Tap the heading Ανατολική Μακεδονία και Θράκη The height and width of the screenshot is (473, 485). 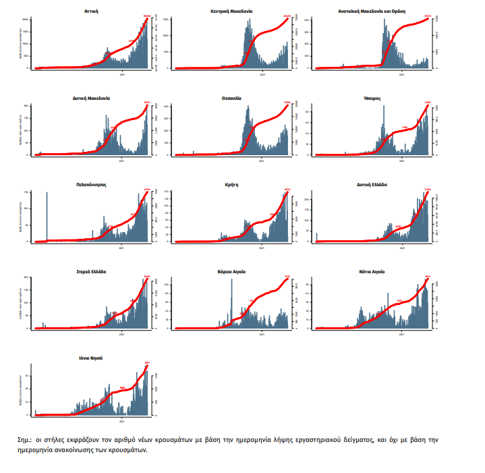[x=372, y=11]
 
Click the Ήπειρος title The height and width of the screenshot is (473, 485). [x=372, y=98]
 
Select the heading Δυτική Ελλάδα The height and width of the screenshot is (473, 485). [x=372, y=184]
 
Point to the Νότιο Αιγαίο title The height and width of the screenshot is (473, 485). [x=372, y=271]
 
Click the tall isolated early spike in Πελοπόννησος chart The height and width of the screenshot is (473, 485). [x=47, y=216]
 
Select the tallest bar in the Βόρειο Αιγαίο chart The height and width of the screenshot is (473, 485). [x=231, y=304]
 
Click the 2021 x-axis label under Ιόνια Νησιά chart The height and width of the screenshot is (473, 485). [x=122, y=421]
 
